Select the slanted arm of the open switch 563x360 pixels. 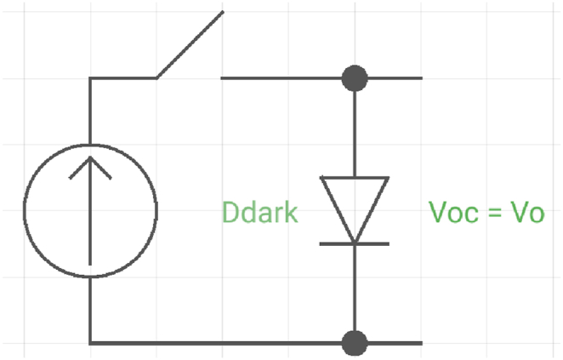point(190,44)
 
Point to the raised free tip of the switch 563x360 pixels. point(223,13)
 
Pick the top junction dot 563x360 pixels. point(355,78)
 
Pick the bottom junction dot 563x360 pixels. point(355,344)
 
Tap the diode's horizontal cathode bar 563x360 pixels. point(355,243)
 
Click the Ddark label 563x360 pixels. point(260,212)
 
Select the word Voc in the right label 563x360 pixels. point(450,212)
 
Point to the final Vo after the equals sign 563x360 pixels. point(526,212)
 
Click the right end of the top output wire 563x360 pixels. point(420,78)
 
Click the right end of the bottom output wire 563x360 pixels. point(420,344)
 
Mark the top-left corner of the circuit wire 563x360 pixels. point(90,78)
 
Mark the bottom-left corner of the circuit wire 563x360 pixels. point(90,344)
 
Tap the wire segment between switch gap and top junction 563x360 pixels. point(281,78)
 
